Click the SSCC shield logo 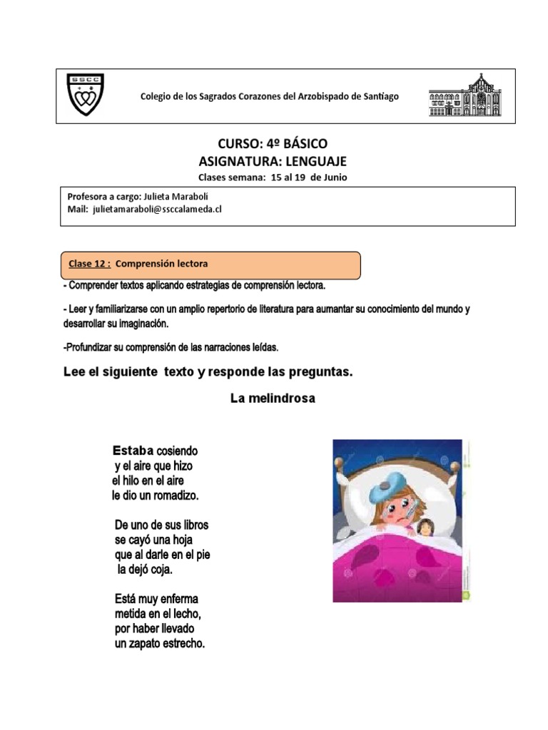coord(84,95)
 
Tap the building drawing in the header coord(465,95)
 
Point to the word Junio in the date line coord(334,177)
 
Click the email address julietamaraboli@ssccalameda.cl coord(158,209)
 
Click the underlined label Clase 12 coord(89,264)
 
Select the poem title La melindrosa coord(273,399)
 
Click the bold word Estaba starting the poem coord(133,451)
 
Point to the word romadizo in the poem coord(173,494)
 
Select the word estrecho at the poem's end coord(181,644)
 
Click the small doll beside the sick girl coord(426,528)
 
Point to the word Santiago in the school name coord(376,96)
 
